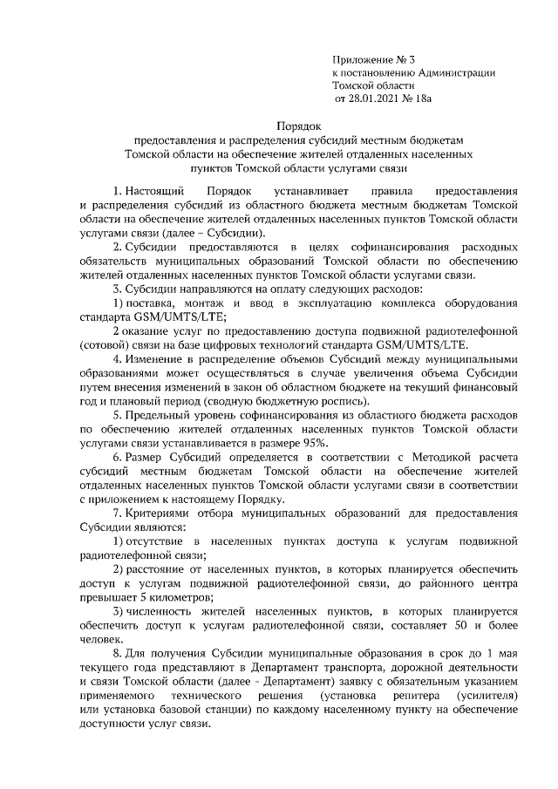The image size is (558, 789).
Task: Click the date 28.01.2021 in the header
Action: [x=371, y=101]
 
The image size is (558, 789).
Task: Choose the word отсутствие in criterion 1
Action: [x=157, y=542]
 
